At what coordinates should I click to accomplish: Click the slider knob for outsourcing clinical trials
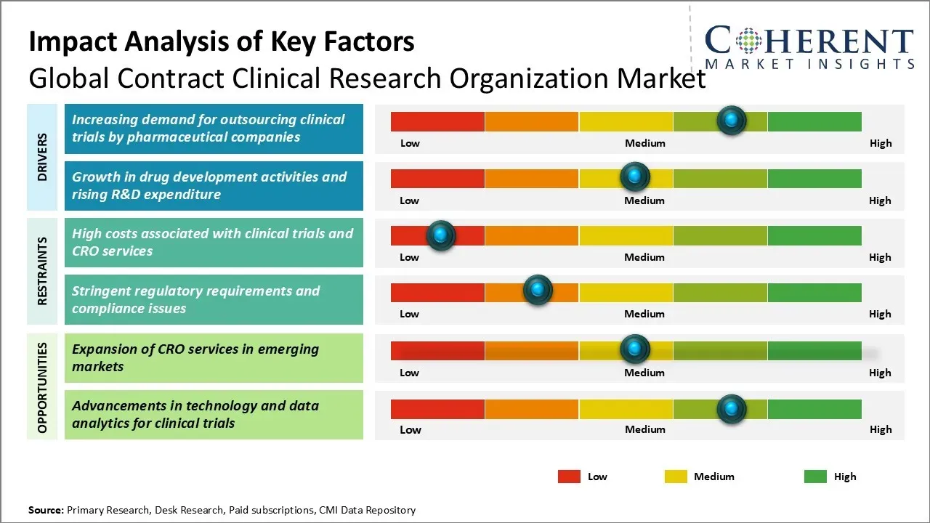tap(732, 120)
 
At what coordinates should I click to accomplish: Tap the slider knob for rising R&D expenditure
tap(635, 177)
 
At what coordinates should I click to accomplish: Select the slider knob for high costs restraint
tap(440, 235)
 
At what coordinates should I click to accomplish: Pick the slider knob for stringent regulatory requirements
tap(538, 291)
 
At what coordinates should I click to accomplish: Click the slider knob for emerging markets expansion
tap(635, 349)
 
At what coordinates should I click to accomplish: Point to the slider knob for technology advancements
tap(732, 409)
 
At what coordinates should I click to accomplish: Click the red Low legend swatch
tap(569, 477)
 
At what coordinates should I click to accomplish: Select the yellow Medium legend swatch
tap(676, 477)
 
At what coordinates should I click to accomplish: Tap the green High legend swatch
tap(815, 477)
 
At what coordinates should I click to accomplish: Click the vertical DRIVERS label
tap(42, 157)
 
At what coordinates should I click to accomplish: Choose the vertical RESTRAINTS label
tap(42, 271)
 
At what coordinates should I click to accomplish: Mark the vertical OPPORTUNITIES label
tap(42, 387)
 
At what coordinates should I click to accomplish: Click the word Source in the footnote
tap(46, 510)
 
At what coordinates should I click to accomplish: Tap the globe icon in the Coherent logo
tap(748, 41)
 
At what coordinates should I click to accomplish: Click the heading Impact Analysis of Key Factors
tap(222, 42)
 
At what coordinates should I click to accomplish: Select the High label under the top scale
tap(881, 143)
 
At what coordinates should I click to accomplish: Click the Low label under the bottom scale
tap(411, 429)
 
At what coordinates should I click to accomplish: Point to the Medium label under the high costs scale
tap(644, 257)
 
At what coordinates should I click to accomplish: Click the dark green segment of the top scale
tap(814, 121)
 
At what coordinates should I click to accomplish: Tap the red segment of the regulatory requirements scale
tap(437, 292)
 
